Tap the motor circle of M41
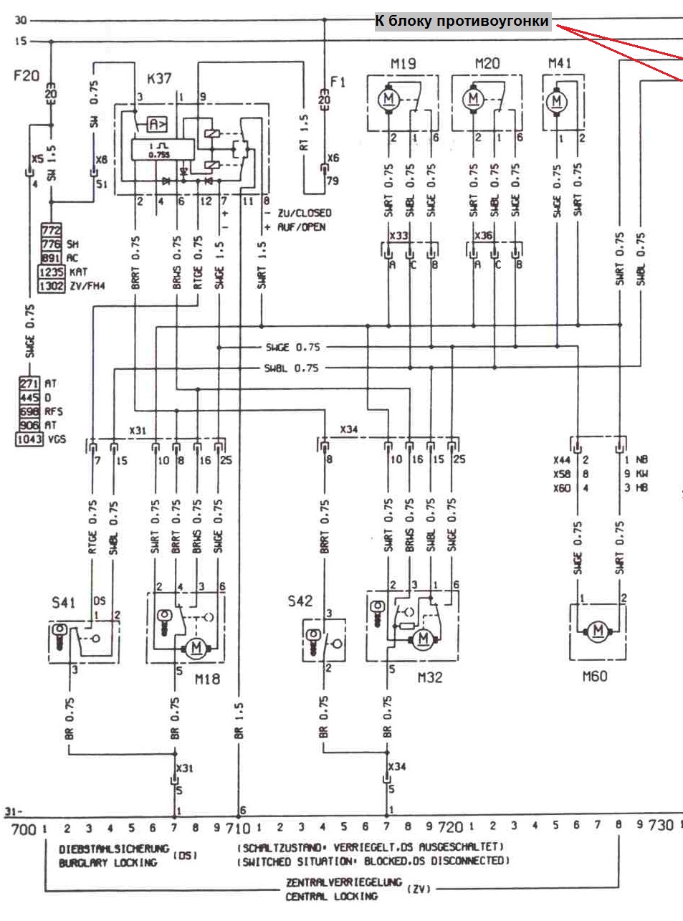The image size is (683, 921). pyautogui.click(x=557, y=101)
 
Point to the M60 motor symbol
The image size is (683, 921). pyautogui.click(x=598, y=631)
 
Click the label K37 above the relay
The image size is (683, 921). pyautogui.click(x=158, y=77)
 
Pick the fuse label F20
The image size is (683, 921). pyautogui.click(x=27, y=75)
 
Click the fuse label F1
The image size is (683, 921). pyautogui.click(x=338, y=82)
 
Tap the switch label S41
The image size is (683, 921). pyautogui.click(x=63, y=603)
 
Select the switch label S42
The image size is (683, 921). pyautogui.click(x=300, y=601)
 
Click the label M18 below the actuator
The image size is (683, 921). pyautogui.click(x=207, y=678)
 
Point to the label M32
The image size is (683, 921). pyautogui.click(x=430, y=677)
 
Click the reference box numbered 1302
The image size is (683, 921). pyautogui.click(x=51, y=286)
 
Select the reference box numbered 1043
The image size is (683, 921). pyautogui.click(x=29, y=439)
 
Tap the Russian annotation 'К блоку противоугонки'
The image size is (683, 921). pyautogui.click(x=462, y=22)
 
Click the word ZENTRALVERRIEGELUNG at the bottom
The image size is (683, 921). pyautogui.click(x=343, y=882)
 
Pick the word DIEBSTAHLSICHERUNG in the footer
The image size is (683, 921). pyautogui.click(x=114, y=849)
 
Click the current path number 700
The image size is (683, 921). pyautogui.click(x=24, y=829)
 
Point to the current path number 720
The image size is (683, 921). pyautogui.click(x=450, y=827)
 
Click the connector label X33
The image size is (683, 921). pyautogui.click(x=398, y=235)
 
